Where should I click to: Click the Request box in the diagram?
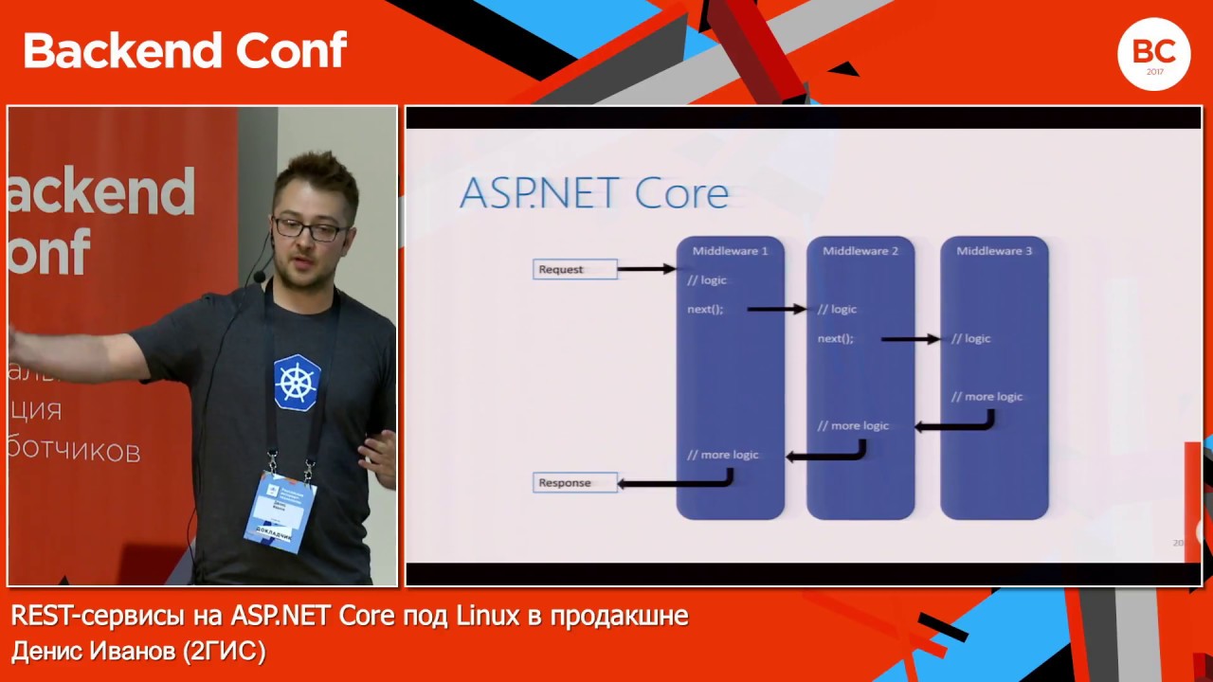click(574, 269)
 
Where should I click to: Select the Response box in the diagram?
click(574, 483)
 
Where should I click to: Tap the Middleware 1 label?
click(730, 251)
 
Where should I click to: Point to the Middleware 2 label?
click(860, 251)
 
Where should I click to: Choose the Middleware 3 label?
click(994, 251)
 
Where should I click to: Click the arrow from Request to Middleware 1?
click(646, 269)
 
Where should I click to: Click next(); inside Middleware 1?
click(705, 310)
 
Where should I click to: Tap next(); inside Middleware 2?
click(835, 338)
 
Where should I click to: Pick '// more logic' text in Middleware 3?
click(987, 397)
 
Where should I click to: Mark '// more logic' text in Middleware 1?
click(723, 455)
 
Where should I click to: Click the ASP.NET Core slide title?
click(594, 192)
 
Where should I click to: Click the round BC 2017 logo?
click(1153, 54)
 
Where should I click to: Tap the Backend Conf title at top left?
click(185, 50)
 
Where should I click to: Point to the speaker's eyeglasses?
click(308, 228)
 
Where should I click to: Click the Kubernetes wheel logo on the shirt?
click(297, 382)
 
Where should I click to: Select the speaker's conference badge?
click(281, 510)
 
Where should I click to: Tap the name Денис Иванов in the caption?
click(94, 652)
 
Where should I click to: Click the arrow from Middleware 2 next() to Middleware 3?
click(910, 338)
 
